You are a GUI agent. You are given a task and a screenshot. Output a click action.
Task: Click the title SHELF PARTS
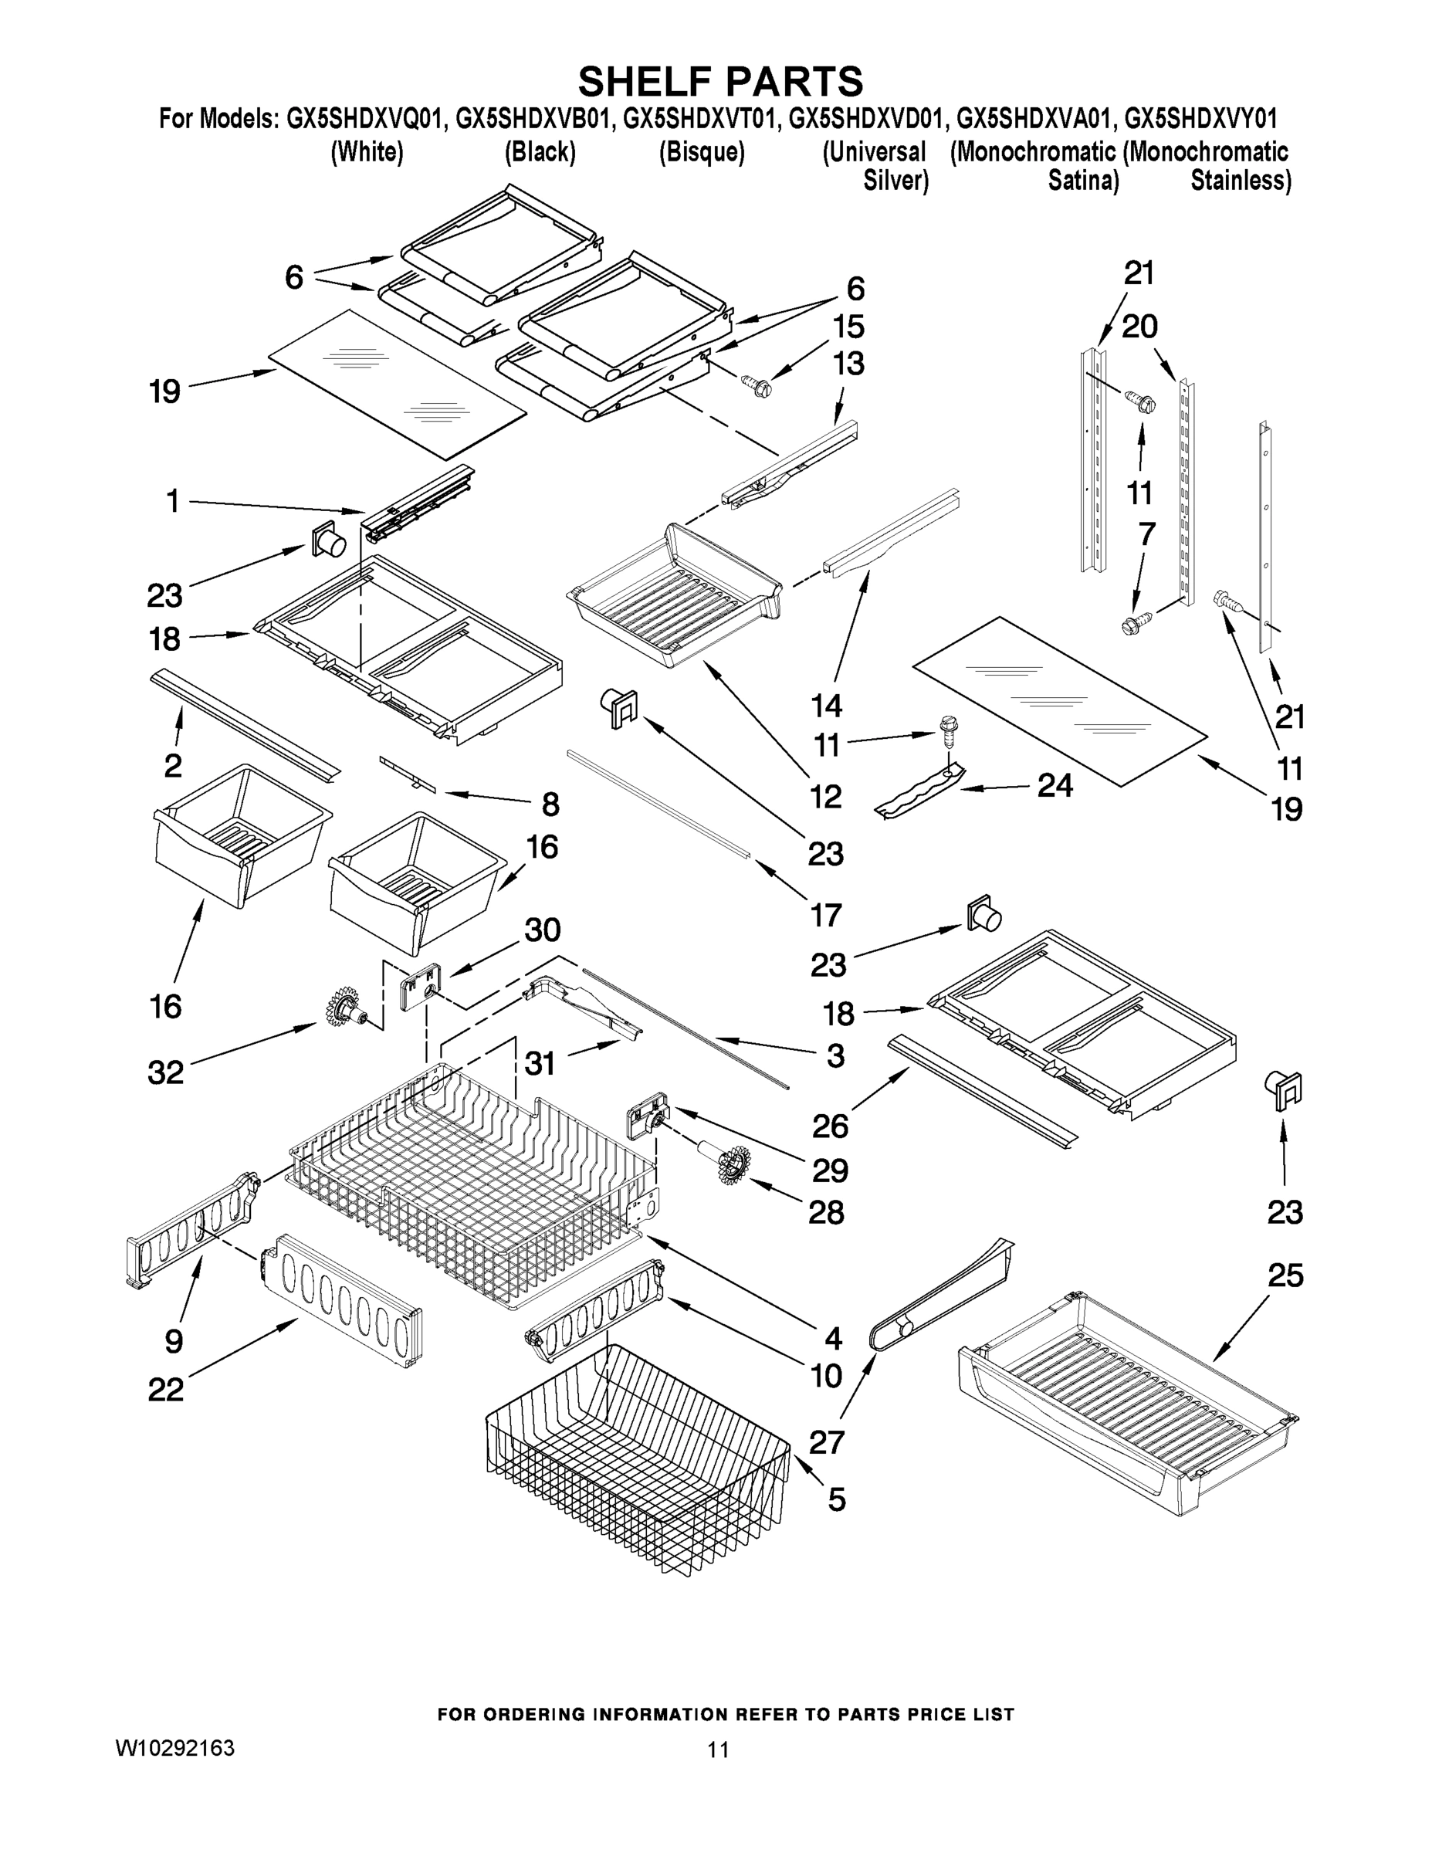pos(720,83)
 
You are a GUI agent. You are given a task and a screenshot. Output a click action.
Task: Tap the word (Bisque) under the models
pos(702,153)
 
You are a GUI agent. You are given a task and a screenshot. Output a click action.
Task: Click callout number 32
pos(165,1072)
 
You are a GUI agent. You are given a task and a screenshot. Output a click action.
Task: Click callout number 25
pos(1285,1275)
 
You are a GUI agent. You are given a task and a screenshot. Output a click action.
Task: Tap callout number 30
pos(542,930)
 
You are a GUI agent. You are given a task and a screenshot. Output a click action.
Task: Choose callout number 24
pos(1055,786)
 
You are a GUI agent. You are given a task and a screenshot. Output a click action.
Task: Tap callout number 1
pos(172,501)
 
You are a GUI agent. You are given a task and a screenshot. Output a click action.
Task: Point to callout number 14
pos(825,705)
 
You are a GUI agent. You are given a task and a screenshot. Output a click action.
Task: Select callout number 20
pos(1139,326)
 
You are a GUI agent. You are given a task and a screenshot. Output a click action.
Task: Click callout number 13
pos(848,363)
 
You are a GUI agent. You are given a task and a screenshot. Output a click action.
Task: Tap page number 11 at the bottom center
pos(718,1750)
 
